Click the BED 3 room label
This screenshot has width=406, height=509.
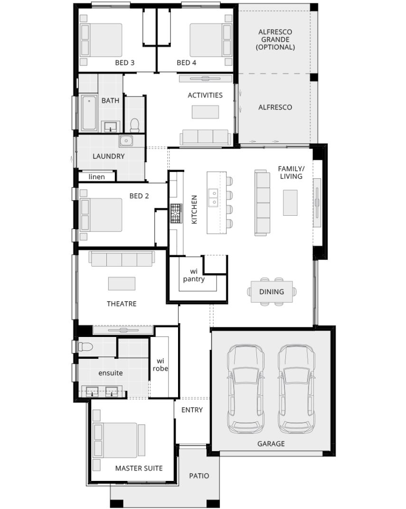(125, 62)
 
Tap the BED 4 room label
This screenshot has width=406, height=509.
(187, 62)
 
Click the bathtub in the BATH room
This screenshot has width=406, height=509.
(89, 113)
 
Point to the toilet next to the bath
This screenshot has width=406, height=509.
(134, 125)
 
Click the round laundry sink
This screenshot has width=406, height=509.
(126, 140)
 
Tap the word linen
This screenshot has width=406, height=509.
(96, 177)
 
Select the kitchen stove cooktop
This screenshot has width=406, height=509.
(176, 213)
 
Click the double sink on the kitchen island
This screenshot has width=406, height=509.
(213, 198)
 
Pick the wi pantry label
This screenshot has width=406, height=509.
(194, 275)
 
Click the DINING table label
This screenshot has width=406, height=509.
(272, 292)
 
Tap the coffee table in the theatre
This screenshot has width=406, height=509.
(122, 283)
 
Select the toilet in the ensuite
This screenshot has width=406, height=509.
(87, 346)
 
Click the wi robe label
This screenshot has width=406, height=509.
(160, 365)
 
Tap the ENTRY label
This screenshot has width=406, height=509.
(192, 410)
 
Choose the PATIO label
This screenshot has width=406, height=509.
(198, 475)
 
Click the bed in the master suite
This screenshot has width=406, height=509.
(121, 440)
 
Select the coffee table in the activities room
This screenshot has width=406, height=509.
(205, 112)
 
